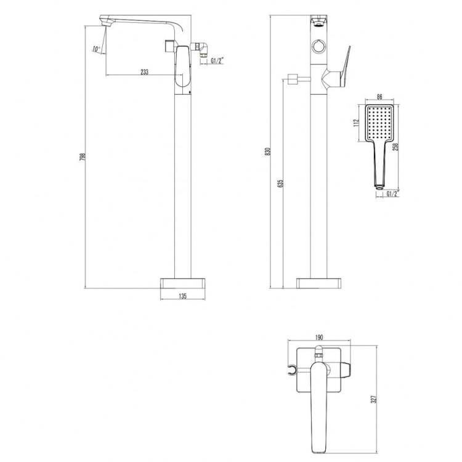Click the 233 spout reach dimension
pos(144,72)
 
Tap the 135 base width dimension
pos(182,296)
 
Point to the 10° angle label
pos(96,49)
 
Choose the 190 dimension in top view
pos(319,338)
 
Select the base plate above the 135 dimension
pos(182,282)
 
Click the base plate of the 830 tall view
pos(319,283)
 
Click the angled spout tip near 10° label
pos(105,23)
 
